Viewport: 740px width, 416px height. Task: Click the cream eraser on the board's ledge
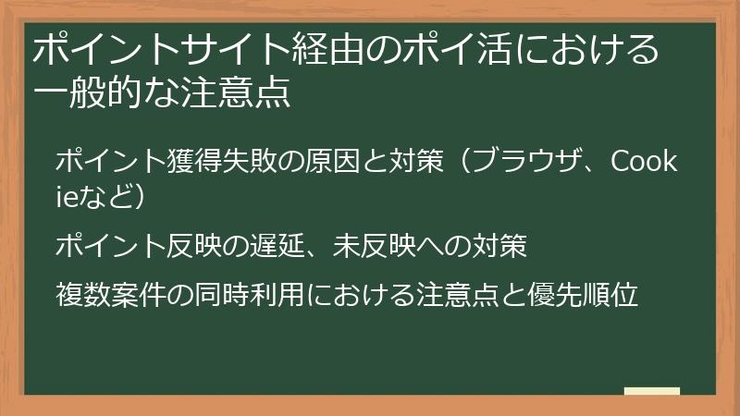click(x=652, y=391)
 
